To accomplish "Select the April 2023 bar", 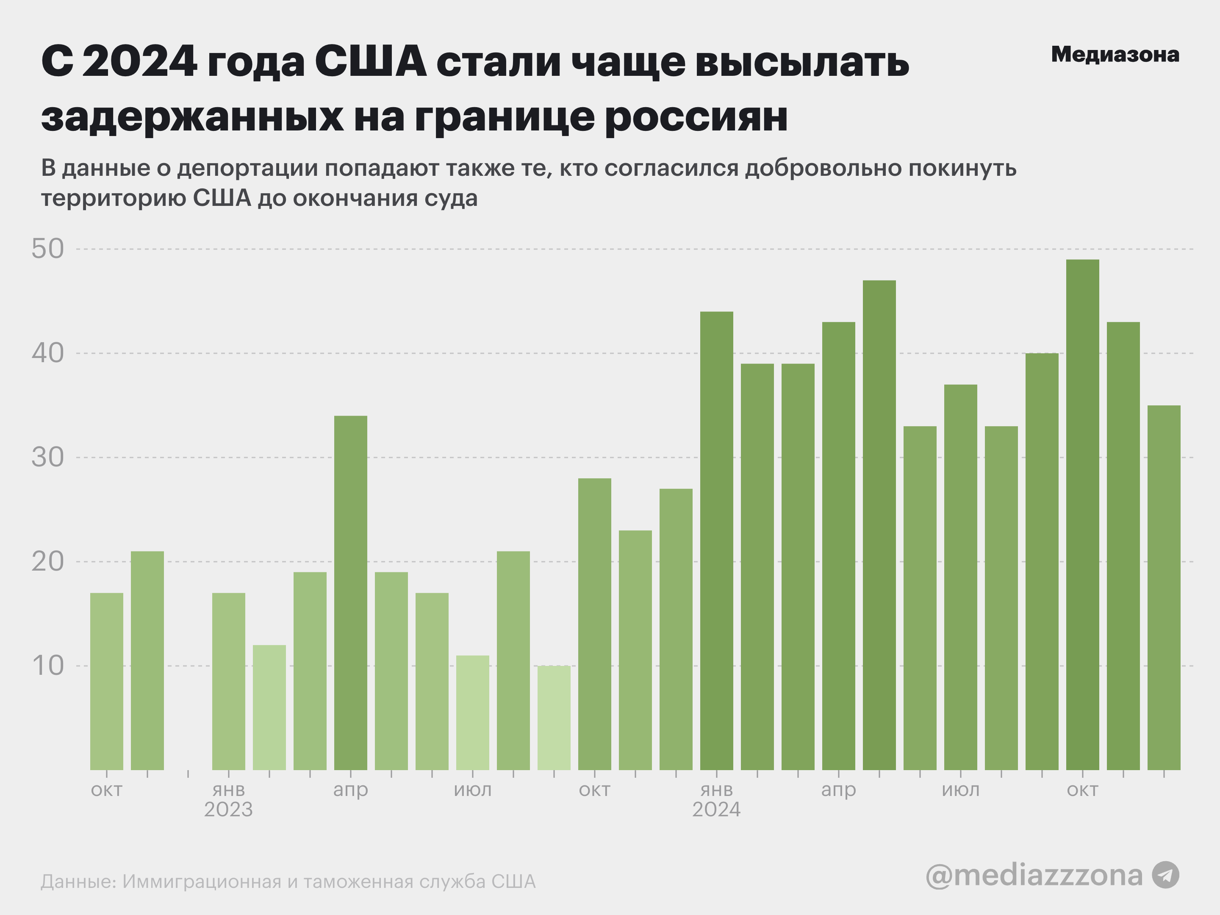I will coord(350,593).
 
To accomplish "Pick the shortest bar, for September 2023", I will coord(554,718).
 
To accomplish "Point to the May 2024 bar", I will coord(879,525).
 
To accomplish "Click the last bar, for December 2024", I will coord(1164,588).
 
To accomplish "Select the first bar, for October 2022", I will coord(106,681).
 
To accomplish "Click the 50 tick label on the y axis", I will coord(48,249).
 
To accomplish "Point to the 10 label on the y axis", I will coord(48,666).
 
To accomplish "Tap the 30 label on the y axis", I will coord(48,457).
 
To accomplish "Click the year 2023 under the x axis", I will coord(228,810).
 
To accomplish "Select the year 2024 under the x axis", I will coord(716,810).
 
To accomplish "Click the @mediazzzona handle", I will coord(1034,875).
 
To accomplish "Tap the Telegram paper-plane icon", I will coord(1165,875).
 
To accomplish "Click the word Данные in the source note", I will coord(77,882).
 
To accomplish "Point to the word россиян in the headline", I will coord(696,117).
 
